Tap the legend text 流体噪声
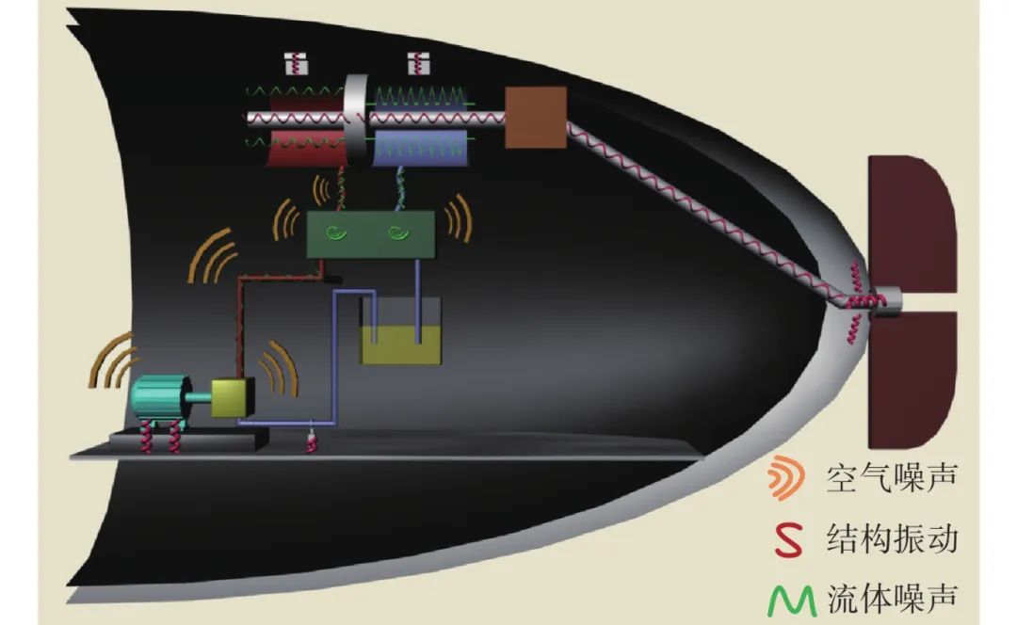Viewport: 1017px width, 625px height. pyautogui.click(x=890, y=599)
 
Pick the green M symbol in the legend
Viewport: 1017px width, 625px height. pyautogui.click(x=789, y=600)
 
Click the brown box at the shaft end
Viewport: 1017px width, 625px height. pyautogui.click(x=536, y=118)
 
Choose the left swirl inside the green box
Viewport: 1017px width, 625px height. pyautogui.click(x=336, y=233)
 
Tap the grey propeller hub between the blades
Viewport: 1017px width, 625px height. pyautogui.click(x=890, y=300)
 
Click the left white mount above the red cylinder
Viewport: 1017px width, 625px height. pyautogui.click(x=297, y=64)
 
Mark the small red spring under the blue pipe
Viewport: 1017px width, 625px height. pyautogui.click(x=311, y=440)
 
